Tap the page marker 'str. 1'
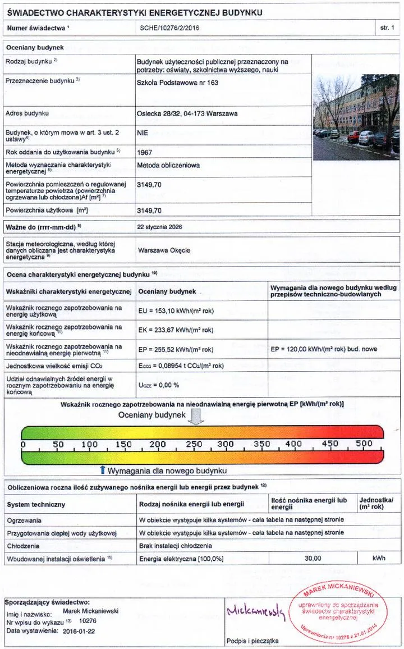tap(388, 27)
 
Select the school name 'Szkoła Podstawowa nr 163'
tap(177, 83)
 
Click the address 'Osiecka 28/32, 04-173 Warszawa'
tap(187, 113)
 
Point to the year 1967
tap(145, 152)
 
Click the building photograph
tap(356, 117)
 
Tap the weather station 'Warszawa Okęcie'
tap(164, 250)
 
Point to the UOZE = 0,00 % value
tap(158, 385)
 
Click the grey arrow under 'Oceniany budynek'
tap(196, 417)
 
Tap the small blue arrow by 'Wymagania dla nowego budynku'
tap(102, 469)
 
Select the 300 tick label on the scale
tap(226, 444)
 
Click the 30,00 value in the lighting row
tap(313, 559)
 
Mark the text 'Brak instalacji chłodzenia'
tap(175, 546)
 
